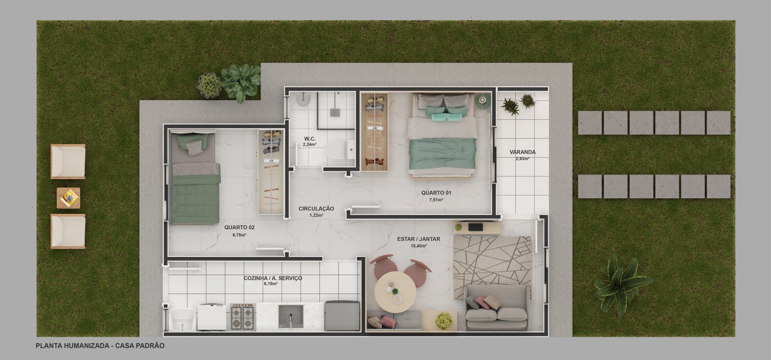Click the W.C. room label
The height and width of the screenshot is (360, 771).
coord(310,139)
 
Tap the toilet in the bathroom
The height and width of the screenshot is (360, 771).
coord(340,150)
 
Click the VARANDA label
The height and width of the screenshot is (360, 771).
coord(523,152)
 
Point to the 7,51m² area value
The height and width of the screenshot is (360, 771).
coord(436,200)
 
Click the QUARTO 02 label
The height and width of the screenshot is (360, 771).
coord(239,228)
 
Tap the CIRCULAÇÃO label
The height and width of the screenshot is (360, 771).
coord(316,209)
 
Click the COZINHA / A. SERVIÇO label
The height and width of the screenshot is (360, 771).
coord(273,278)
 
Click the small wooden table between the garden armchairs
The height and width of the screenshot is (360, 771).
coord(69,198)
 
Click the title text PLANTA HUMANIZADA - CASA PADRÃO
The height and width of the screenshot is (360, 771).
coord(100,346)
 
